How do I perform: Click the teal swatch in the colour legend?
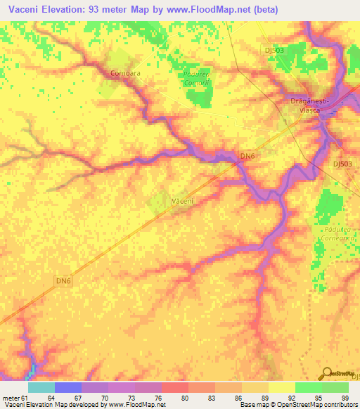(x=41, y=387)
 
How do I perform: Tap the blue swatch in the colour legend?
(x=68, y=387)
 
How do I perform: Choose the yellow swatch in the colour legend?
(x=282, y=387)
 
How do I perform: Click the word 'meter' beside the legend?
(x=9, y=398)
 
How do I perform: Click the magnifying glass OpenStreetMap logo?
(x=326, y=374)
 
